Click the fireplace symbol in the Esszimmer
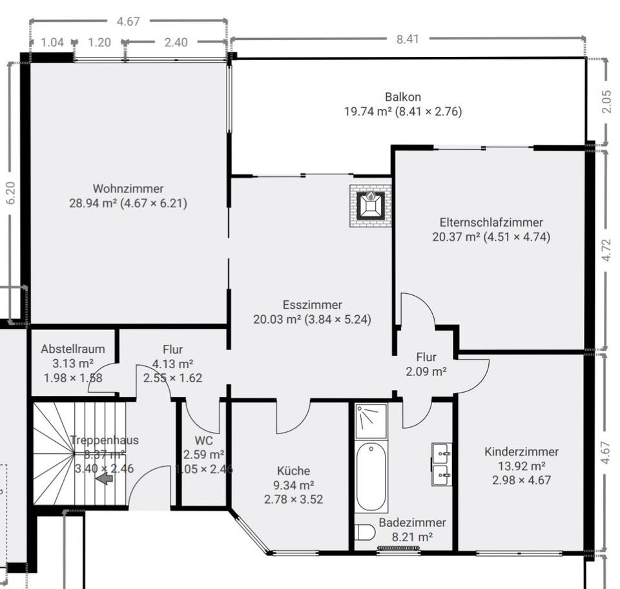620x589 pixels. click(x=371, y=205)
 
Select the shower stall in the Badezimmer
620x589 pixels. click(x=371, y=421)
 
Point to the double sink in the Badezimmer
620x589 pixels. click(x=442, y=465)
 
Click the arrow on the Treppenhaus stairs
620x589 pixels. click(x=103, y=479)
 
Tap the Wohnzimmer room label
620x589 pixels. click(x=128, y=189)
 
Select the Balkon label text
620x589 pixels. click(x=403, y=97)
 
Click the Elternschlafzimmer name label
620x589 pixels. click(x=491, y=222)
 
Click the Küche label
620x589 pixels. click(x=293, y=471)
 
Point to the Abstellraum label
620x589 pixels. click(x=72, y=349)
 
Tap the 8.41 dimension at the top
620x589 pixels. click(x=408, y=39)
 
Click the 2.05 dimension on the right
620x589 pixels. click(x=606, y=101)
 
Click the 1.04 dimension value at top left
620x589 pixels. click(x=52, y=43)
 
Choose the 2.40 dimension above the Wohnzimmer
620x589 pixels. click(x=176, y=43)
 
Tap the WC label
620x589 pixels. click(x=203, y=441)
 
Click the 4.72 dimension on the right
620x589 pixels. click(x=606, y=249)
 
